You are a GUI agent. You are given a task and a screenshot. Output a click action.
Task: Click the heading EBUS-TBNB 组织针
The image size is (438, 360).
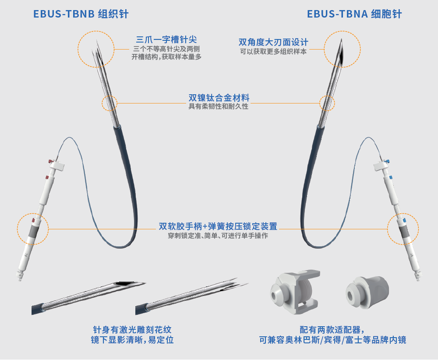coord(81,14)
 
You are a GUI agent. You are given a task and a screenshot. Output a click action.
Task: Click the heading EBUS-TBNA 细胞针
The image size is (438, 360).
coord(354,14)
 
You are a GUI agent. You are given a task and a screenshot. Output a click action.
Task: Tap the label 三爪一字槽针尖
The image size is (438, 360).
coord(166,39)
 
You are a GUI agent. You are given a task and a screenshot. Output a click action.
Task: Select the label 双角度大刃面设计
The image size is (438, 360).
coord(273,42)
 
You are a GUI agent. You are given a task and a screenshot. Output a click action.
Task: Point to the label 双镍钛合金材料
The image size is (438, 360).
coord(219,98)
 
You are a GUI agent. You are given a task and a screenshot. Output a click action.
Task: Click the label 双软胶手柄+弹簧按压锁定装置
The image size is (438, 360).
coord(218,226)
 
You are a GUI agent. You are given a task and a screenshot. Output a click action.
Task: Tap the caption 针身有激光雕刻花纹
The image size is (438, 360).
coord(132,329)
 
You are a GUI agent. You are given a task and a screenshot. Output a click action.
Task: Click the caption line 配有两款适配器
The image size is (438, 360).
coord(332,329)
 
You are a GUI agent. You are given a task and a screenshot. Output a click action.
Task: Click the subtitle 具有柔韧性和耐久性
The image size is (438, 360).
coord(219,107)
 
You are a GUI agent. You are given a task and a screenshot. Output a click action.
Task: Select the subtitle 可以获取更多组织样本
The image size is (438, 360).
coord(273,51)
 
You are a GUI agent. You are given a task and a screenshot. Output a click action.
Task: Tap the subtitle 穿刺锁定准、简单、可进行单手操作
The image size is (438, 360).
coord(218,235)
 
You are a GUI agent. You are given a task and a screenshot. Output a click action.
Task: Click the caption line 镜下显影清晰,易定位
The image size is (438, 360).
coord(132,340)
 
